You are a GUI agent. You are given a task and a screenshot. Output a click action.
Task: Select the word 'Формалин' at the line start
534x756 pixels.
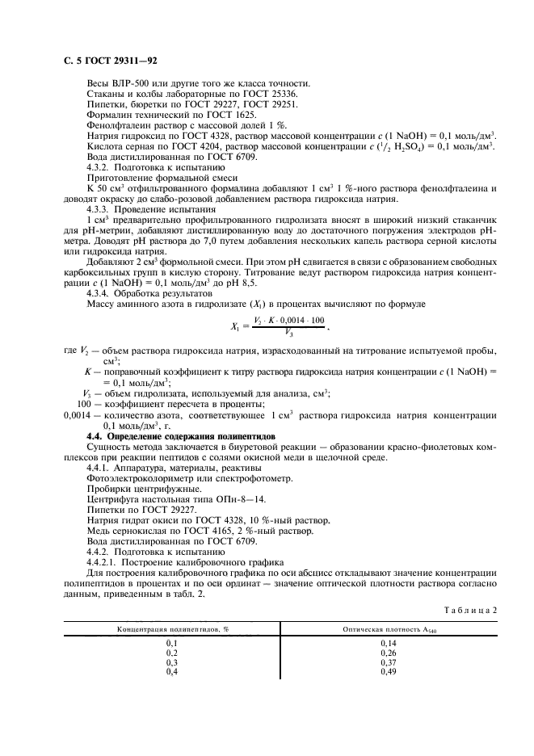pos(108,115)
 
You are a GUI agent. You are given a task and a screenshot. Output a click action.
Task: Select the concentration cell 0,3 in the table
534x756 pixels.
pos(171,661)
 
